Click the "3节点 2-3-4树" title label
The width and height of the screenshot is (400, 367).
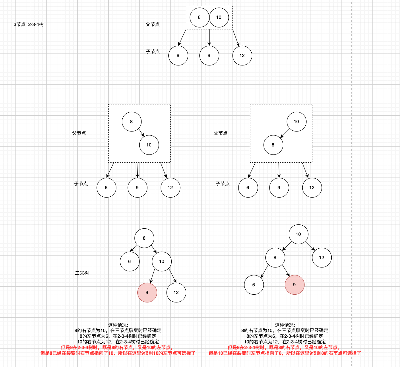[29, 25]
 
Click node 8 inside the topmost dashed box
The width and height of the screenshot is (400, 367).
[199, 17]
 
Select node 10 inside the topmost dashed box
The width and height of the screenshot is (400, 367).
[219, 17]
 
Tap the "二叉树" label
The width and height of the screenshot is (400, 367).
[82, 273]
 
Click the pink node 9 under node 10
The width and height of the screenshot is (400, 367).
[147, 292]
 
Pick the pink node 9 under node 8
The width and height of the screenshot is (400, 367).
[294, 285]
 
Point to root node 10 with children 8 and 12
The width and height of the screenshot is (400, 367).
[298, 234]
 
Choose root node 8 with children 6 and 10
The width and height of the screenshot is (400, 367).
[144, 238]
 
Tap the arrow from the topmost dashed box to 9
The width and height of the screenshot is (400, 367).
[209, 37]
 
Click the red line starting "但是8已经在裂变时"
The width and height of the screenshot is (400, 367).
[118, 353]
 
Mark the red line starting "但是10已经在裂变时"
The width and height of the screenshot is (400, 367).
[285, 353]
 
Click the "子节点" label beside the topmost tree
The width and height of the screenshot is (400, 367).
[153, 52]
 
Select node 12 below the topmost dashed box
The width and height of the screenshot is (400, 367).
[242, 56]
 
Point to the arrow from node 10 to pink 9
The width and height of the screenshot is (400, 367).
[153, 276]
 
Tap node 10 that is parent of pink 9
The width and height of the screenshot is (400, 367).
[161, 261]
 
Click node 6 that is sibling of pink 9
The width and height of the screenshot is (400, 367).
[254, 285]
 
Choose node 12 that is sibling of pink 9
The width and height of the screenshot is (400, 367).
[176, 292]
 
